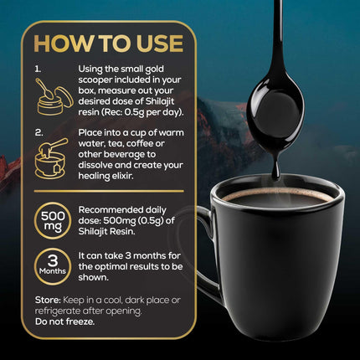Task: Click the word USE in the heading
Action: pyautogui.click(x=161, y=44)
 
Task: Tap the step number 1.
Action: pyautogui.click(x=38, y=69)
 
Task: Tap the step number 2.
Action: pyautogui.click(x=39, y=133)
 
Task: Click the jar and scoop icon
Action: pyautogui.click(x=54, y=96)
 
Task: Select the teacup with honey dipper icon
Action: pyautogui.click(x=52, y=158)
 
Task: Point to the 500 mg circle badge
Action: pyautogui.click(x=53, y=220)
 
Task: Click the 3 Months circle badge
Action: pyautogui.click(x=53, y=266)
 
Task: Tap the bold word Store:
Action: pyautogui.click(x=48, y=301)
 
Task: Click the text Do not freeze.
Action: pyautogui.click(x=64, y=321)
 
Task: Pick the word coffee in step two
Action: pyautogui.click(x=146, y=143)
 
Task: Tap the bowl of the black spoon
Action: pyautogui.click(x=275, y=106)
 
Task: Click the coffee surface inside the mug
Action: pyautogui.click(x=278, y=198)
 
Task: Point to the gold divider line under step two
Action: pyautogui.click(x=109, y=191)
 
